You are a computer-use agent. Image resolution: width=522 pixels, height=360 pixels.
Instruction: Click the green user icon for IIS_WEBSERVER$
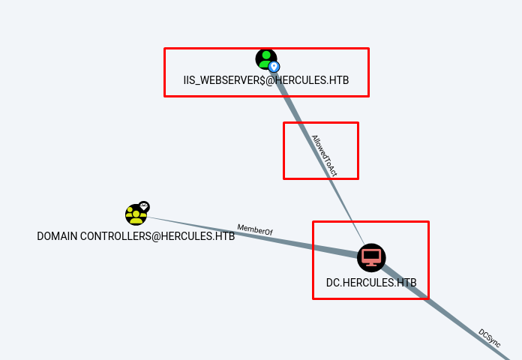point(265,58)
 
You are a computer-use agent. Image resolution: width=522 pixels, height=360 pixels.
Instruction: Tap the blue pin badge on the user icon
point(274,67)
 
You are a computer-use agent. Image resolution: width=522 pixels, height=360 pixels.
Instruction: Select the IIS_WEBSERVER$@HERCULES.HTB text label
point(266,80)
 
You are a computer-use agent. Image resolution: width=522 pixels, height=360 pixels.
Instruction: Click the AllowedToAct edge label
point(325,155)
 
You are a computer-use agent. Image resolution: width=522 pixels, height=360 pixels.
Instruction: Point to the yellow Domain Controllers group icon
point(136,214)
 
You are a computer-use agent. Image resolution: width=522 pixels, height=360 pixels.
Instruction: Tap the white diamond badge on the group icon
point(144,206)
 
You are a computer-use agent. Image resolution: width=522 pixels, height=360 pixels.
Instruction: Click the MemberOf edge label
point(255,229)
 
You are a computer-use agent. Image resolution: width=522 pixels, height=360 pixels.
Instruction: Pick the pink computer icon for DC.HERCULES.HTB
point(370,257)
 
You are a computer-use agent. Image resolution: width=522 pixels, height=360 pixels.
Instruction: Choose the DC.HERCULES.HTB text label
point(371,283)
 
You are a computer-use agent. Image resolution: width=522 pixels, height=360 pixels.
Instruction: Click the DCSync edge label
point(490,337)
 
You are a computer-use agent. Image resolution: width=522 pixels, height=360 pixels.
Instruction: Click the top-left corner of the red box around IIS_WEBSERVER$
point(165,49)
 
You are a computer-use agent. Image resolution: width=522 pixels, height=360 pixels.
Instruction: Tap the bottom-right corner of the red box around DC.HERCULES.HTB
point(428,298)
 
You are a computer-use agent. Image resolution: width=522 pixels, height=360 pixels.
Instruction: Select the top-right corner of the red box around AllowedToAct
point(358,123)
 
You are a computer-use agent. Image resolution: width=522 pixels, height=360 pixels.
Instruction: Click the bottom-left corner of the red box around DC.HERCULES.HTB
point(313,298)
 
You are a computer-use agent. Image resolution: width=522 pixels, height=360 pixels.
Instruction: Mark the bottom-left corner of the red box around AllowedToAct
point(283,178)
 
